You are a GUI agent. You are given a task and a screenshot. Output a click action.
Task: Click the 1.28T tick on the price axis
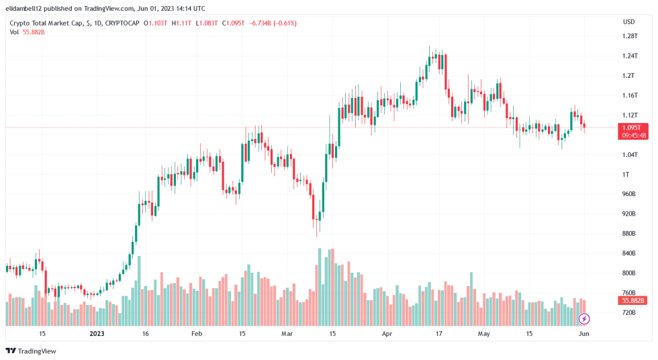tap(629, 36)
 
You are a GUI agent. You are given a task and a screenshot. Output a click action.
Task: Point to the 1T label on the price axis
tap(626, 175)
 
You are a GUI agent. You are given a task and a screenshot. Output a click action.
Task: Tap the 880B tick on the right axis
tap(628, 234)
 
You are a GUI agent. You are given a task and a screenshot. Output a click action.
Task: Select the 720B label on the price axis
tap(628, 313)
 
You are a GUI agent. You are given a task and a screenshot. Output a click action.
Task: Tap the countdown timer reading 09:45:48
tap(634, 135)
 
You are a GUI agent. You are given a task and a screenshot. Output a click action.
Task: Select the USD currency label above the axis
tap(628, 21)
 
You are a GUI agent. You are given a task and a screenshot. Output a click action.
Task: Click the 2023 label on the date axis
tap(97, 333)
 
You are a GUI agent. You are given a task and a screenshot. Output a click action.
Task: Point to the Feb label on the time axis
tap(196, 333)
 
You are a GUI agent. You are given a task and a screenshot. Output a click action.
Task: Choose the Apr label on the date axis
tap(387, 333)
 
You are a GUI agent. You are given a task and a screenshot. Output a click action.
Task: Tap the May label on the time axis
tap(483, 333)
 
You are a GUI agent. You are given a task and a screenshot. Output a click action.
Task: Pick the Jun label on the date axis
tap(583, 333)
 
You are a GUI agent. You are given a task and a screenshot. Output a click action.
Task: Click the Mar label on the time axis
tap(287, 333)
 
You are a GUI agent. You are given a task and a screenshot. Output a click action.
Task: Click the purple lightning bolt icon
tap(584, 318)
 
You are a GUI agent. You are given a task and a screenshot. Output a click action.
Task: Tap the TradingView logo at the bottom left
tap(31, 351)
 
